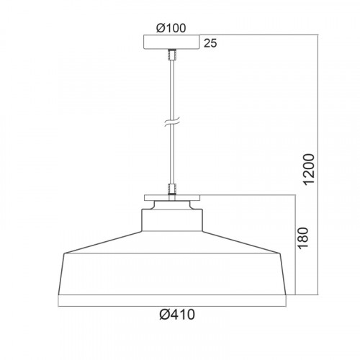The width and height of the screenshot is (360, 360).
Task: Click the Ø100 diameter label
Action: [171, 28]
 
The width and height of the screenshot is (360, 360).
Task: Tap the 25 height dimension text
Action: [210, 43]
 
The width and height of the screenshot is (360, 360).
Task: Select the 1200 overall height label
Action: [309, 169]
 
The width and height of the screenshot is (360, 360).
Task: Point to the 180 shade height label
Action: [302, 238]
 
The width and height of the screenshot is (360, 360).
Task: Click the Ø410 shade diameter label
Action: [177, 315]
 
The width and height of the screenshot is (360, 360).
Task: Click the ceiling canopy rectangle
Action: [171, 42]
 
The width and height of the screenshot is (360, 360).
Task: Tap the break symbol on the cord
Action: [172, 122]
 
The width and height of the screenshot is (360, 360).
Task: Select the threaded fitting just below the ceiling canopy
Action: [172, 55]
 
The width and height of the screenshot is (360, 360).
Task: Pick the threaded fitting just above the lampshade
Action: [172, 189]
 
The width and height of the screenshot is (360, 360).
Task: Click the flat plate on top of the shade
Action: [172, 198]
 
